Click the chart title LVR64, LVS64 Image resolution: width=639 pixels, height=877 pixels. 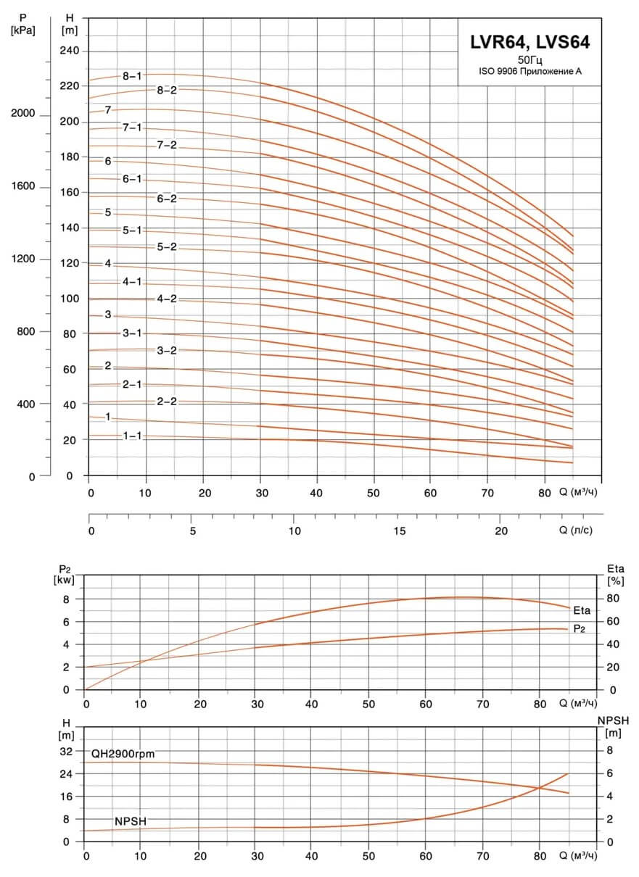(529, 42)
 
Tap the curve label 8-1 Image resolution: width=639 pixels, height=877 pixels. (132, 76)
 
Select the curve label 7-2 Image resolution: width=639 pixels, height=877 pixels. (167, 145)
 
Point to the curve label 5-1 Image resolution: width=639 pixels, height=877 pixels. (132, 230)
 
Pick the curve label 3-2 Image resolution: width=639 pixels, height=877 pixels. (167, 350)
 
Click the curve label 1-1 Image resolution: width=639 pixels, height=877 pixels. (133, 436)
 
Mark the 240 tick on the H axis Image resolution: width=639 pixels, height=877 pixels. (70, 51)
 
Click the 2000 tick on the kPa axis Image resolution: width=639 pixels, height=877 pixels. (22, 113)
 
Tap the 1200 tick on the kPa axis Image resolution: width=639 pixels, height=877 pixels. (23, 259)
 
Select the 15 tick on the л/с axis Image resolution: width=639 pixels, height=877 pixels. (400, 531)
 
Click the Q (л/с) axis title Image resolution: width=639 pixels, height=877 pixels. (575, 530)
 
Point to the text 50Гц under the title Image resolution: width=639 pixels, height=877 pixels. (530, 60)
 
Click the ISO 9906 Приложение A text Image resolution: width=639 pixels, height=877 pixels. (530, 71)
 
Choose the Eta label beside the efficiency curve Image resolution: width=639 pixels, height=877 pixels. (582, 610)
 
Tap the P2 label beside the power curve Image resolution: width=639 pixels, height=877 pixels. (579, 629)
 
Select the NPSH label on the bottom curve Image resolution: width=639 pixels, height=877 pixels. (131, 821)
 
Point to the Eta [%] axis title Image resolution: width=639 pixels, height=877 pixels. (616, 575)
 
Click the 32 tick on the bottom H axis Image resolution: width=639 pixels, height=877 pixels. (67, 751)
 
